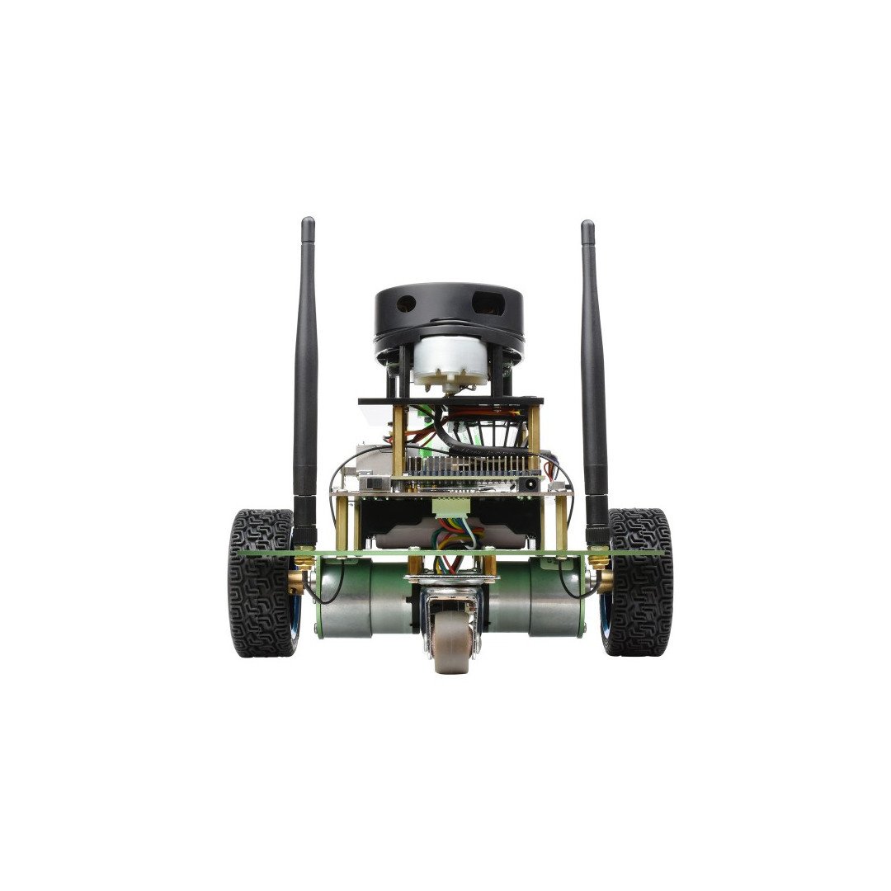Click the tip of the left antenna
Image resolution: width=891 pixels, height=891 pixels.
pos(308,223)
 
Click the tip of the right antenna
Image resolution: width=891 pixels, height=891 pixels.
pos(587,225)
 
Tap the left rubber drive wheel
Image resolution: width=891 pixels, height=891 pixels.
pos(261,582)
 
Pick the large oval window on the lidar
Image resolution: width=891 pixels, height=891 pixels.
pos(487,302)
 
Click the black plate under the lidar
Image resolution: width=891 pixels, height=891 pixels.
pos(450,401)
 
